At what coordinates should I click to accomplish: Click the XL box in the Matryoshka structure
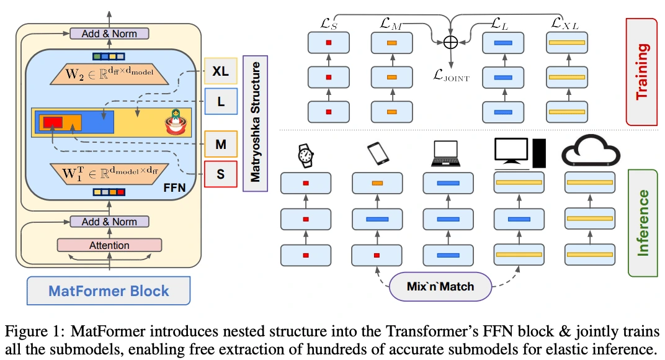[220, 72]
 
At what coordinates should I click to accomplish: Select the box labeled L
[220, 101]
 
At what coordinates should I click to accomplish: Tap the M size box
[220, 144]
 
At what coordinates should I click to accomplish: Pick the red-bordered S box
[220, 174]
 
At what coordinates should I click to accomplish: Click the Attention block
[109, 245]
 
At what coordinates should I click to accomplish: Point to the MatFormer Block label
[109, 290]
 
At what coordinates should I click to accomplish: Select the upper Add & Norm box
[109, 34]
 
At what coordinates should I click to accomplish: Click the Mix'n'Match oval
[440, 286]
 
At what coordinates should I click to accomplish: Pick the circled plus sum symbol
[450, 42]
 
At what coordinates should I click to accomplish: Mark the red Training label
[641, 71]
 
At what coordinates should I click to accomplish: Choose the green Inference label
[643, 223]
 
